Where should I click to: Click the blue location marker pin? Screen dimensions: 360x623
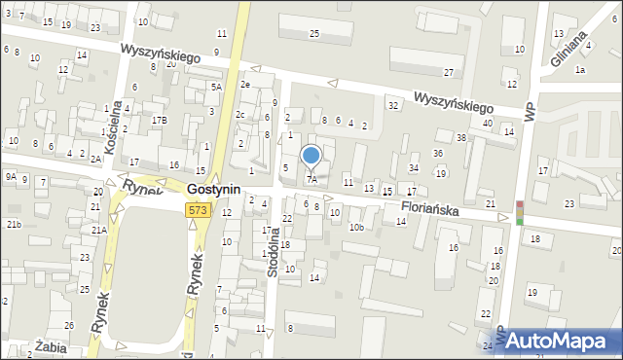[311, 157]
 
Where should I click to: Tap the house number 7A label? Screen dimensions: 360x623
[311, 180]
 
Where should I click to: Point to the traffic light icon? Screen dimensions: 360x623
[520, 212]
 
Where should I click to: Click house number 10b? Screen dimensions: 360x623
[357, 228]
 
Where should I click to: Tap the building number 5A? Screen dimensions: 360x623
[216, 87]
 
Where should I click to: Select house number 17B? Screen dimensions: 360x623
[159, 120]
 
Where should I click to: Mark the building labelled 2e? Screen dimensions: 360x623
[245, 84]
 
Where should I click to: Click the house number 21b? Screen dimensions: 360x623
[14, 225]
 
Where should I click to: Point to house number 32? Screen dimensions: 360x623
[393, 104]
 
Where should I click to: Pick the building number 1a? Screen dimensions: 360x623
[580, 70]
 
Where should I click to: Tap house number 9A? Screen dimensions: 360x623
[10, 177]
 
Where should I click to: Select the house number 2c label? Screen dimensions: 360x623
[239, 115]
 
